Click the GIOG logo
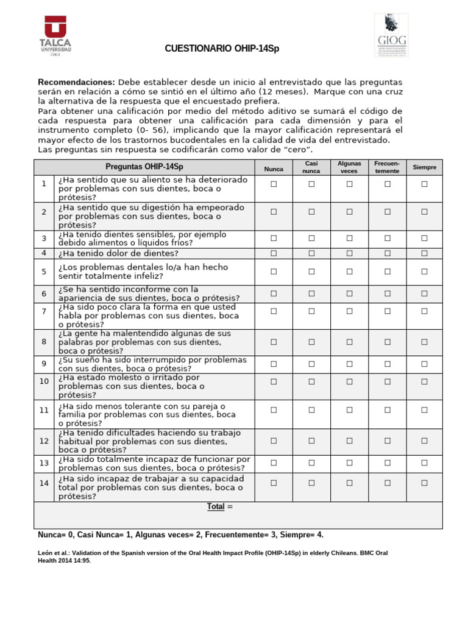click(x=391, y=36)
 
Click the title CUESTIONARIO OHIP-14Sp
click(x=222, y=49)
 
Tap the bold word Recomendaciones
click(x=76, y=82)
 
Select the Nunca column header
click(x=274, y=167)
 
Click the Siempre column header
click(x=425, y=167)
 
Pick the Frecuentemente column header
click(x=387, y=167)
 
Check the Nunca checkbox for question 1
click(x=274, y=184)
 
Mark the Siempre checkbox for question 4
click(x=425, y=253)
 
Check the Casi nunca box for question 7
click(x=311, y=311)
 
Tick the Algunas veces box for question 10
click(x=349, y=381)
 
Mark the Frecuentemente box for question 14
click(x=387, y=482)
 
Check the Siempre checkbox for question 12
click(x=425, y=440)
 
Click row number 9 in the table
click(x=44, y=364)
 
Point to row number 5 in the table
click(x=44, y=271)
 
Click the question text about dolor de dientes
click(x=118, y=254)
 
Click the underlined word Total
click(x=216, y=506)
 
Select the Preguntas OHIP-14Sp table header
click(x=144, y=167)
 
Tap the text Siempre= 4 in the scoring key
click(x=308, y=535)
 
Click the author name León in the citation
click(x=46, y=553)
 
